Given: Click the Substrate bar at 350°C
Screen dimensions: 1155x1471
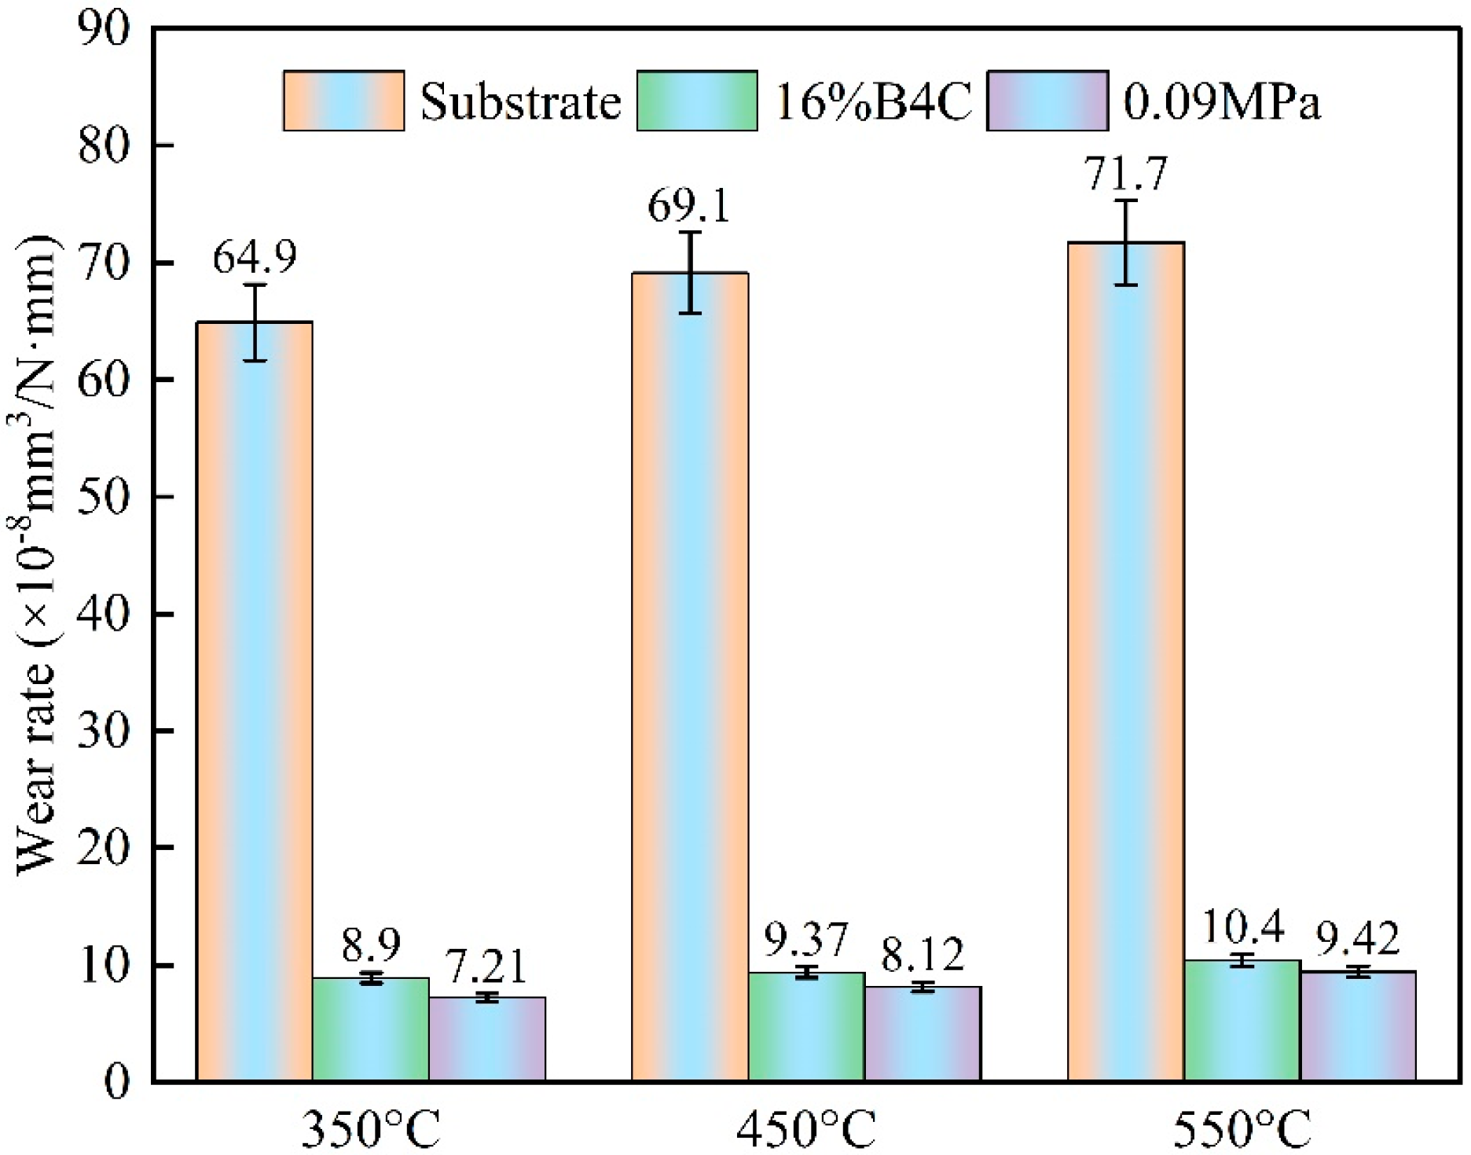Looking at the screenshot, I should [254, 700].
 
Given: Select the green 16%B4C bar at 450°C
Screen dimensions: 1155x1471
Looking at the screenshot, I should [806, 1026].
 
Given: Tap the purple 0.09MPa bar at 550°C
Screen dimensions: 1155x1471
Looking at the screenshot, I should [1358, 1025].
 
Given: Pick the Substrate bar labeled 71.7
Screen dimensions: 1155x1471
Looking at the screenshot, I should [1125, 660].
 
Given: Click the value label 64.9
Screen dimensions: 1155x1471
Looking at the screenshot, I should [255, 257].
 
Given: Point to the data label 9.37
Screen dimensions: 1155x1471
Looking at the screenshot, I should [806, 939].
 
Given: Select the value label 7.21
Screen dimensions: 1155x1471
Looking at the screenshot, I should [486, 966].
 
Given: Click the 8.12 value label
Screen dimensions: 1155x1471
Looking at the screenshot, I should [922, 955].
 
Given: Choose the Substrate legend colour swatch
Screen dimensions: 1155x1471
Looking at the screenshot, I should [343, 101].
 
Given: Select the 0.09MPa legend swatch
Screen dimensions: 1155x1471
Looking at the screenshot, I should [1047, 101].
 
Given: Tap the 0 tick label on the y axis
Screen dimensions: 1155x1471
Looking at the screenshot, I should [116, 1082].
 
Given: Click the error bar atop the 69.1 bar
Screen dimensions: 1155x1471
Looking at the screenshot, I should [690, 272].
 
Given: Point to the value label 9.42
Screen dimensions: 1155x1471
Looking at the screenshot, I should [1358, 939].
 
